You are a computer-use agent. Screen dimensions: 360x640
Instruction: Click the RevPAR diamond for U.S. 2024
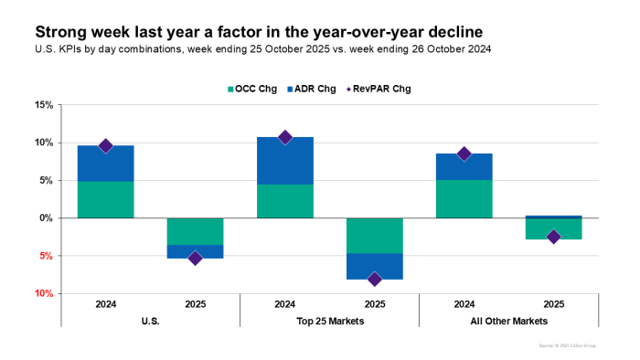pos(105,146)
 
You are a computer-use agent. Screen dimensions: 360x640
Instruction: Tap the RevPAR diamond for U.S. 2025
pos(195,259)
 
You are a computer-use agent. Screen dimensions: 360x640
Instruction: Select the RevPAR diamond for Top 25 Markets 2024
pos(284,137)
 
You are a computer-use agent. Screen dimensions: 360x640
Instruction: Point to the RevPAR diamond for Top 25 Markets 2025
pos(374,279)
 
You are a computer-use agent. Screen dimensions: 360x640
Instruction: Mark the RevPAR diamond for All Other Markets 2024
pos(464,154)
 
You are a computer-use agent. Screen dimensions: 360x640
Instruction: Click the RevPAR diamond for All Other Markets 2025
pos(553,237)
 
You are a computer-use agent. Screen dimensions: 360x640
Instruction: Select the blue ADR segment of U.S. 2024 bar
pos(105,164)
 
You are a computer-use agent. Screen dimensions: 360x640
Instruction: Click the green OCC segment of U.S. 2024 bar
pos(105,199)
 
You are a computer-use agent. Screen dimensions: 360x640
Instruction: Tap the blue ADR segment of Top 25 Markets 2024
pos(284,161)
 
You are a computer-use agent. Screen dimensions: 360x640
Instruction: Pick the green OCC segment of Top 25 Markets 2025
pos(374,235)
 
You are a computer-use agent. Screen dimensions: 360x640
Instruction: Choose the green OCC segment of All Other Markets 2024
pos(464,198)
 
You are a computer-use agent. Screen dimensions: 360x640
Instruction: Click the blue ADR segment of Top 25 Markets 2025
pos(374,266)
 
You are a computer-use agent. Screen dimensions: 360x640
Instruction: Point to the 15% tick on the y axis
pos(42,105)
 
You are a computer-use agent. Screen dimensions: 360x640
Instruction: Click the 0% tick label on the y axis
pos(45,218)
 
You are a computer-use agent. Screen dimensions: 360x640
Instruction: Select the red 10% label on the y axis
pos(42,294)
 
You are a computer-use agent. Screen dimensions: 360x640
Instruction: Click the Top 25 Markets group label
pos(329,322)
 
